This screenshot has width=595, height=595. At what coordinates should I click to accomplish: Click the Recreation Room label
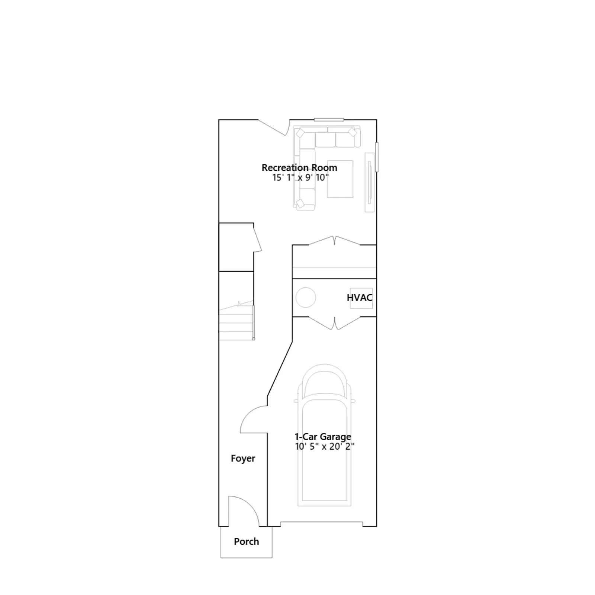click(x=299, y=168)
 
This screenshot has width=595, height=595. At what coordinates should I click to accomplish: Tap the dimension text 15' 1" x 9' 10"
click(x=300, y=178)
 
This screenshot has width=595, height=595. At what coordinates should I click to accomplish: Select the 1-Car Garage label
click(x=323, y=437)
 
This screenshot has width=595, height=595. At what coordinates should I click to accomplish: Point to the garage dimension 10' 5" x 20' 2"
click(x=325, y=447)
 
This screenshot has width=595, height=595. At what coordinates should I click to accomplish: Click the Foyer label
click(x=243, y=459)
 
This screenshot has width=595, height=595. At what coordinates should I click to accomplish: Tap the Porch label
click(x=246, y=541)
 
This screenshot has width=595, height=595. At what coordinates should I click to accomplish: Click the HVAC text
click(x=360, y=297)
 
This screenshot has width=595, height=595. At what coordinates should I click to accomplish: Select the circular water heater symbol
click(x=306, y=297)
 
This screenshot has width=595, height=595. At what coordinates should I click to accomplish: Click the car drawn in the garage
click(x=324, y=435)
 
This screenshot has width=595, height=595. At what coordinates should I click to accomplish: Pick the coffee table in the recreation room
click(x=340, y=179)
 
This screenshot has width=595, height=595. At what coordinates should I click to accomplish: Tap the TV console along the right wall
click(x=369, y=182)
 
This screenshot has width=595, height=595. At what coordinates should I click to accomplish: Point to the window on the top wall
click(x=329, y=119)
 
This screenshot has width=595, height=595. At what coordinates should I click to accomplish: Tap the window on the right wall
click(x=376, y=157)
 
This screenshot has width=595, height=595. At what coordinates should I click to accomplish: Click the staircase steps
click(x=237, y=321)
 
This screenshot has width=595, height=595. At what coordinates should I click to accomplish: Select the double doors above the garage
click(x=335, y=323)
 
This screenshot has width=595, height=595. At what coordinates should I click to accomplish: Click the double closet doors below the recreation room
click(x=335, y=240)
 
